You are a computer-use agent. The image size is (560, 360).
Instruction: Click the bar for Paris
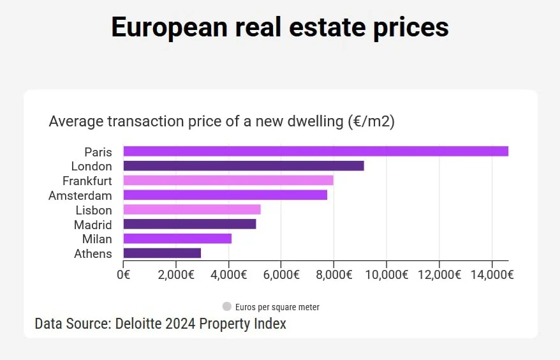click(316, 151)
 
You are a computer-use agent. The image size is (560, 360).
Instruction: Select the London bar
click(244, 166)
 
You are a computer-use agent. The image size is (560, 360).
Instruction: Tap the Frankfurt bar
click(228, 181)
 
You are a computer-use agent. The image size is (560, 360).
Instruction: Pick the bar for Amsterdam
click(225, 195)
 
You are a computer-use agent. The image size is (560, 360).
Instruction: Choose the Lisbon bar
click(192, 210)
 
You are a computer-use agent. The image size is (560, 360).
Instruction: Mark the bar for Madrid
click(189, 224)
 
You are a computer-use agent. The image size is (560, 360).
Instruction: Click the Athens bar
click(162, 253)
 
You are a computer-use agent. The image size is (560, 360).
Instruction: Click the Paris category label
click(98, 152)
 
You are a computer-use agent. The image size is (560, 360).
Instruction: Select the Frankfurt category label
click(87, 181)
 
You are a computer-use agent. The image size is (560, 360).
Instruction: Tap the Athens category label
click(93, 254)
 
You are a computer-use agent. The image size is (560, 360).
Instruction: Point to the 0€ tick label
click(123, 274)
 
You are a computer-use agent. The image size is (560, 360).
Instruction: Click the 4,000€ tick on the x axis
click(228, 274)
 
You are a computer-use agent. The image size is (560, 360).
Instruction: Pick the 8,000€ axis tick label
click(334, 274)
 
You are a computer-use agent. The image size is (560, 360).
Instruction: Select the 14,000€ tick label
click(492, 274)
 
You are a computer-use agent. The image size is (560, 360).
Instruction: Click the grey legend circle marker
click(227, 307)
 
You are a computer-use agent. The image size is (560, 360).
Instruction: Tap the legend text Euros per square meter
click(277, 307)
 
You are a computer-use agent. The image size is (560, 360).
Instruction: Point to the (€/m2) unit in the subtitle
click(371, 121)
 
